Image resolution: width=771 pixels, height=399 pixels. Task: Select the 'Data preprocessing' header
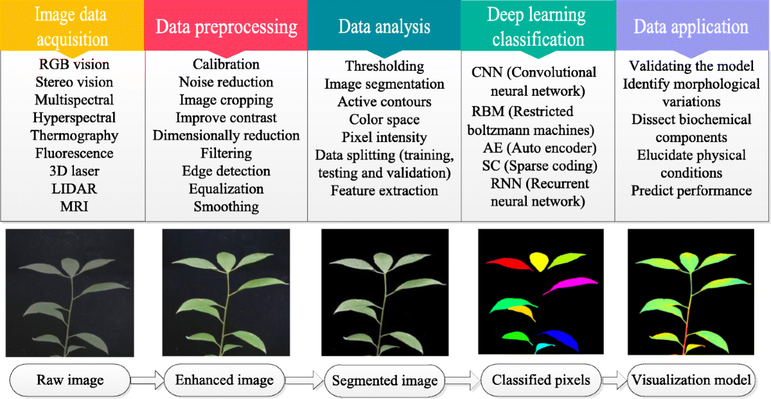227,27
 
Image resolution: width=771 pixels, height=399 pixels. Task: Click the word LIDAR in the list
73,190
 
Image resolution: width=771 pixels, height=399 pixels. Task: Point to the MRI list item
73,207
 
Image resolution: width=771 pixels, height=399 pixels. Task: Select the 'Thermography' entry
74,136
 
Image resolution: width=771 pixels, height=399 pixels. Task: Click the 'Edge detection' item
226,172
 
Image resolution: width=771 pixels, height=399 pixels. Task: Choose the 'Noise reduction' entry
226,82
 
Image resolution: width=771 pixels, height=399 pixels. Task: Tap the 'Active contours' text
384,102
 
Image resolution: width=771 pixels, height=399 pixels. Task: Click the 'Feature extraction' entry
384,191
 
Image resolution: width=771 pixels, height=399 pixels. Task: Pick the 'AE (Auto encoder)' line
540,148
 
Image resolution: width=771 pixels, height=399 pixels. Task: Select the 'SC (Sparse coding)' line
540,166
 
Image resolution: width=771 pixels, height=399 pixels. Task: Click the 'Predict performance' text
691,191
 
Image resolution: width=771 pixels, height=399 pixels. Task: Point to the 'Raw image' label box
71,380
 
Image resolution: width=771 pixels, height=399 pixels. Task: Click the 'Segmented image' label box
384,380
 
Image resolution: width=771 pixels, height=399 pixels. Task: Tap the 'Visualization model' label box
691,380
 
